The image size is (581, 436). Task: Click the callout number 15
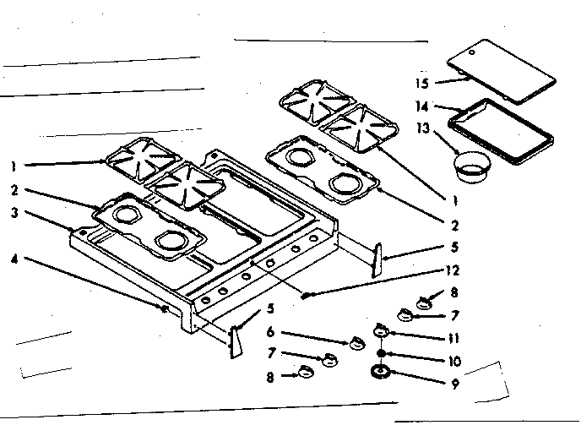point(422,83)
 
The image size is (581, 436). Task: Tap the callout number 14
point(422,106)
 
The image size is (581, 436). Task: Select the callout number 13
point(422,128)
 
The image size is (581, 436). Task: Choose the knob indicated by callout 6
point(356,342)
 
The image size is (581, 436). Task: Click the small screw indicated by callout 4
point(162,309)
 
